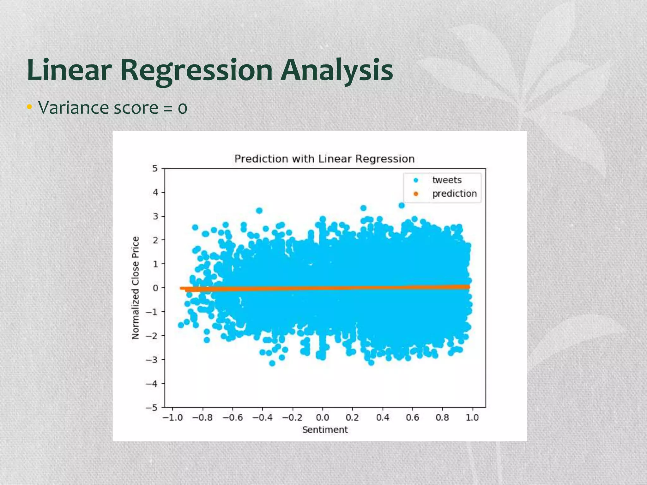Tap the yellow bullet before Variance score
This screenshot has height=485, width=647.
[x=29, y=107]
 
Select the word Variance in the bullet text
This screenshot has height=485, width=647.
[x=74, y=108]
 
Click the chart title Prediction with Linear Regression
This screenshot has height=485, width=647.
[x=324, y=159]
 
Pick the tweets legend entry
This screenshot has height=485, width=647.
[x=447, y=180]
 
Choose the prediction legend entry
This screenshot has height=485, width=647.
[x=454, y=194]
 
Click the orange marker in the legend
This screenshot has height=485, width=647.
[x=416, y=194]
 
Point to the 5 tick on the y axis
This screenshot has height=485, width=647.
[x=155, y=168]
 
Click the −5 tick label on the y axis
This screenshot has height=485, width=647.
[x=152, y=407]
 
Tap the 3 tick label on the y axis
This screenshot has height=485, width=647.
[x=155, y=216]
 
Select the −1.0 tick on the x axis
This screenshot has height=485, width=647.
[x=172, y=418]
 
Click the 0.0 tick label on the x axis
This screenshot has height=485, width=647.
[x=322, y=418]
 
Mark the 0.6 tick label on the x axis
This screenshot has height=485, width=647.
[x=412, y=418]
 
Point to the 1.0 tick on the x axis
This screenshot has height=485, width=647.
[x=472, y=418]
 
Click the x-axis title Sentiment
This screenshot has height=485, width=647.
[x=325, y=430]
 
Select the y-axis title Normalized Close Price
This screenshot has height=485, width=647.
[x=136, y=288]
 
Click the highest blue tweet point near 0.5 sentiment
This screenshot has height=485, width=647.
[x=402, y=206]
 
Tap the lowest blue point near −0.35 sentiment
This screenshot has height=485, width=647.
[x=272, y=363]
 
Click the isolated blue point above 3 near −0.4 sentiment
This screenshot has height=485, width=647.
[x=259, y=211]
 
